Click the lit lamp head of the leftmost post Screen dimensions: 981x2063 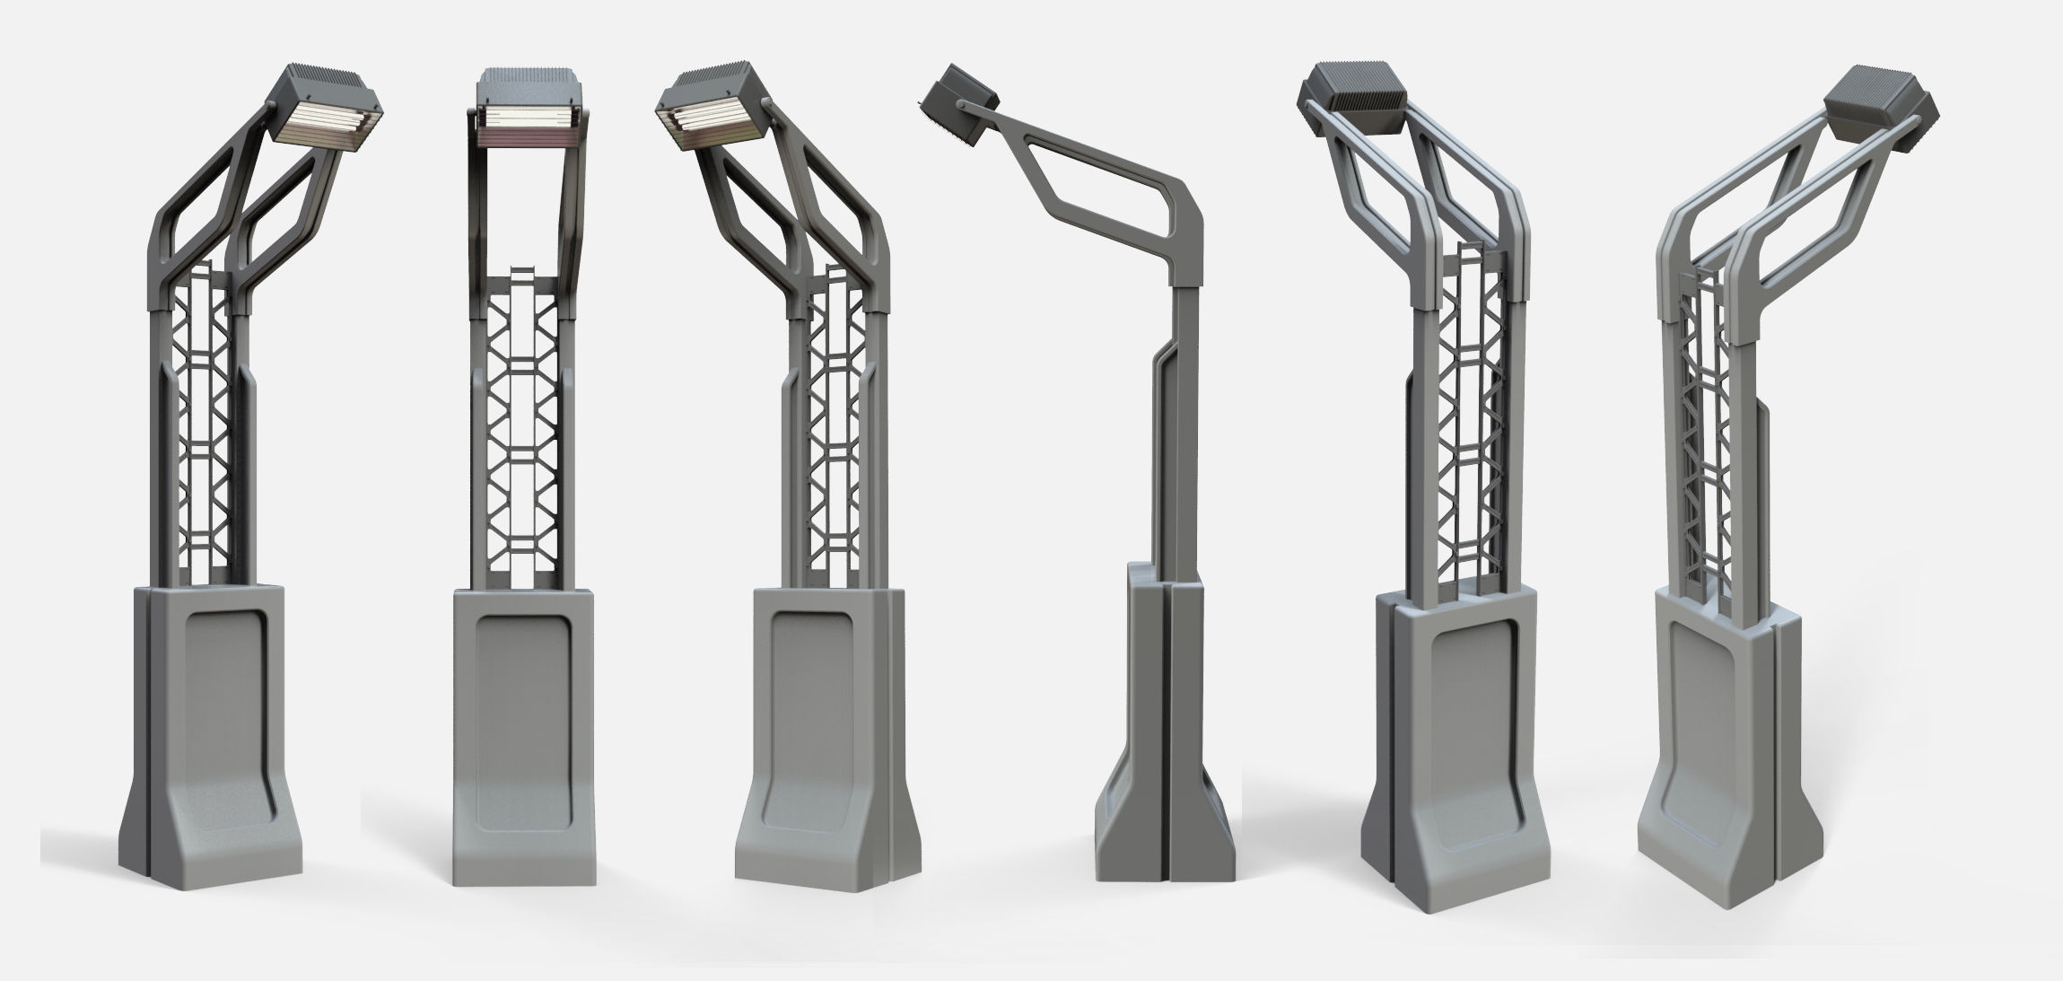pos(326,112)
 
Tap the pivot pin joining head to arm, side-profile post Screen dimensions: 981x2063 pos(961,107)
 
